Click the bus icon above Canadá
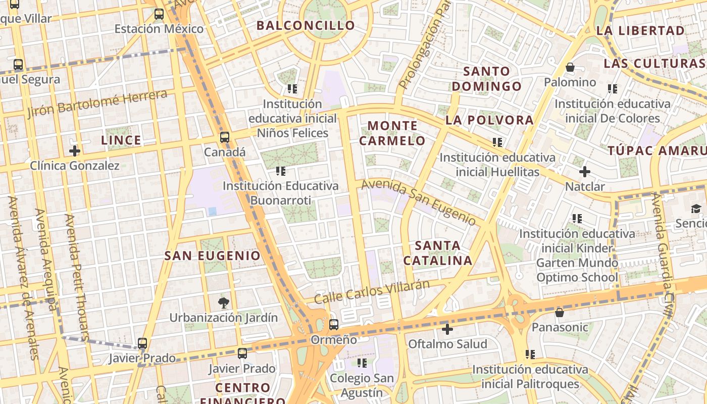(x=225, y=137)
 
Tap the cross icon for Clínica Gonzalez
(x=75, y=150)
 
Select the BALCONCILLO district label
(x=306, y=25)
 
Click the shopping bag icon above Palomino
(x=570, y=67)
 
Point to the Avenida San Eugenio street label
(x=419, y=203)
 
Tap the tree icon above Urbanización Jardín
(x=223, y=303)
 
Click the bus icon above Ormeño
(x=333, y=325)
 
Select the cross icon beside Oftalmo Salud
(x=447, y=330)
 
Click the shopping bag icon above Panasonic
(x=560, y=313)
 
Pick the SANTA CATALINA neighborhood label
(x=438, y=253)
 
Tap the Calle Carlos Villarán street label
(x=372, y=292)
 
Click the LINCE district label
(x=121, y=140)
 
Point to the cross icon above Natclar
(x=585, y=172)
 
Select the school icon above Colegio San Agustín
(x=362, y=363)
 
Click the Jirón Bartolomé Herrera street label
(x=97, y=103)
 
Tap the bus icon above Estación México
(x=159, y=14)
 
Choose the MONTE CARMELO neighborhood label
(x=392, y=133)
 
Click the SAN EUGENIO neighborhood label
(x=213, y=256)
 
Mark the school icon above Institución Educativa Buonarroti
(x=281, y=171)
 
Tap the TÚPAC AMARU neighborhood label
(x=656, y=150)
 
